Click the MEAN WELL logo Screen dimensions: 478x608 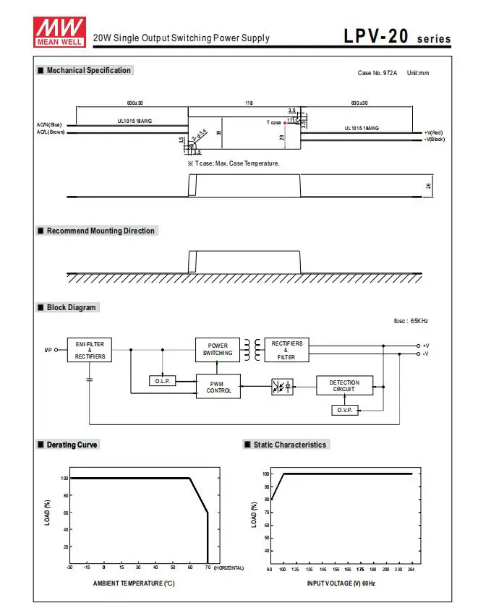point(59,32)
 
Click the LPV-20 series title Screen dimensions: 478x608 point(397,36)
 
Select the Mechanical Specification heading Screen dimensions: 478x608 point(89,70)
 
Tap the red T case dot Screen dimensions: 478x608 point(285,123)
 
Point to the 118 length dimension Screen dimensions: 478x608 point(249,103)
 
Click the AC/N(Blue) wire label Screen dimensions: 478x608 point(49,125)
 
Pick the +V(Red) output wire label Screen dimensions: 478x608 point(433,132)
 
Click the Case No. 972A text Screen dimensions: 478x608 point(377,73)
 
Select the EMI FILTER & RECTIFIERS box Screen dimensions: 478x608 point(90,350)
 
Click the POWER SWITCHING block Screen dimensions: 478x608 point(218,350)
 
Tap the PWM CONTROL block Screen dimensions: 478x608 point(218,387)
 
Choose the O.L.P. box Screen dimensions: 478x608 point(163,381)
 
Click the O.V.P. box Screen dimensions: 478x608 point(345,410)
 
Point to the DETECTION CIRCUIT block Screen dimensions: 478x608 point(344,386)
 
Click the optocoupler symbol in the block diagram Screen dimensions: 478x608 point(282,387)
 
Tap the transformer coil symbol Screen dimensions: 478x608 point(252,350)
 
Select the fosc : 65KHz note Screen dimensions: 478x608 point(411,321)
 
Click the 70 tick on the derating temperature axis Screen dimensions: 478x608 point(208,568)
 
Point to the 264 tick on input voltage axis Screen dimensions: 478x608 point(411,569)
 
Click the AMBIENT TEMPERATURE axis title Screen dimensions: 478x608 point(134,583)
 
